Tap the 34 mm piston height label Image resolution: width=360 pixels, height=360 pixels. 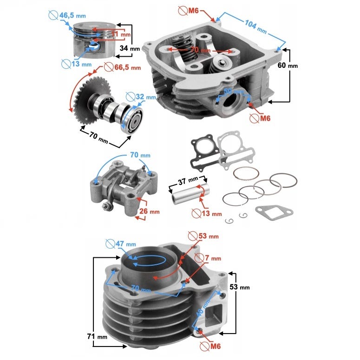[x=130, y=48]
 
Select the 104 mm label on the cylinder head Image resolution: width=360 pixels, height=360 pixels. [x=255, y=26]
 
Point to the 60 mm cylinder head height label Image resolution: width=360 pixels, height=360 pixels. [x=288, y=65]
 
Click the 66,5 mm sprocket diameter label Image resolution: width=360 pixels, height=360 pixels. [x=127, y=67]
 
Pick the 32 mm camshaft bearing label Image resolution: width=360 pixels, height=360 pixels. [x=145, y=97]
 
